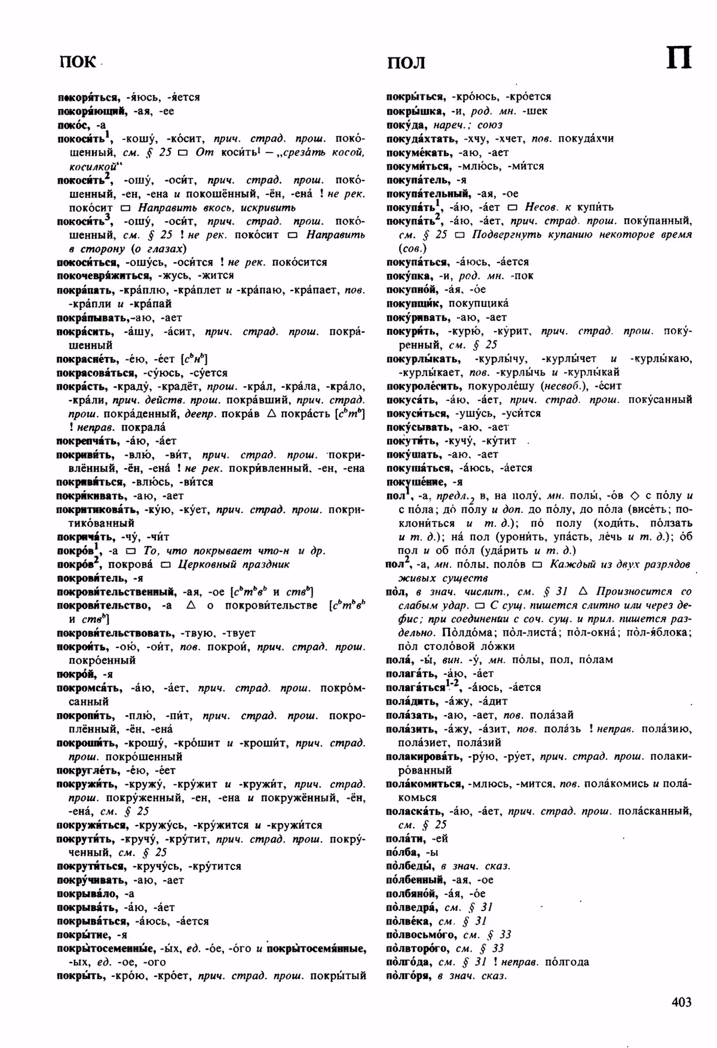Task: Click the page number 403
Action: tap(681, 1002)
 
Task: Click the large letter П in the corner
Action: tap(678, 59)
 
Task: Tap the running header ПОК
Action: tap(77, 62)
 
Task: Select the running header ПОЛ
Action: tap(406, 62)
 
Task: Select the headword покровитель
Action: tap(91, 578)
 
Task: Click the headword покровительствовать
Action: tap(115, 633)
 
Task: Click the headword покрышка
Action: tap(409, 111)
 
